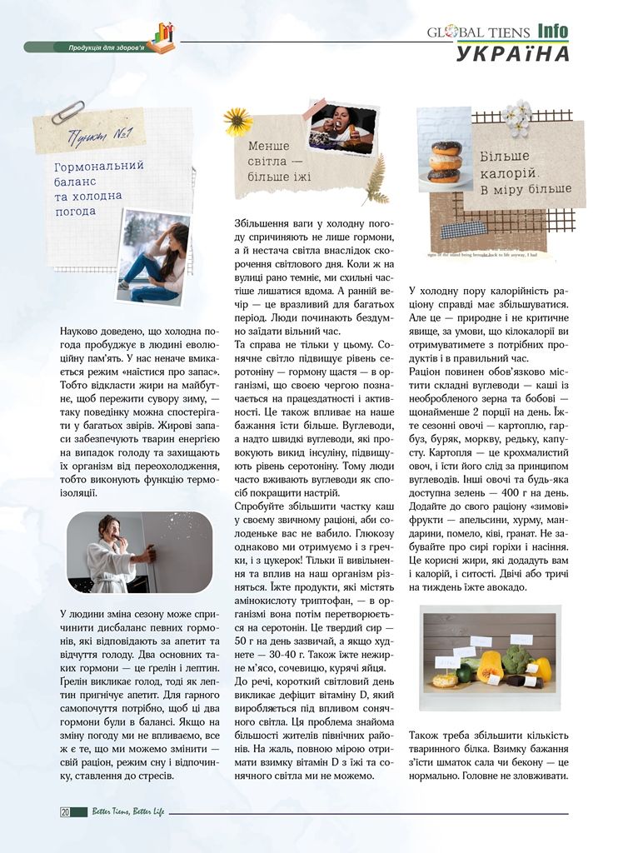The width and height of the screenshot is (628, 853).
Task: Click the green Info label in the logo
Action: pos(552,32)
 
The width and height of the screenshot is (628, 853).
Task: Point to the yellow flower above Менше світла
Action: pos(237,122)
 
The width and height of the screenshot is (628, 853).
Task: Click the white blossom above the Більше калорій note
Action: pos(517,117)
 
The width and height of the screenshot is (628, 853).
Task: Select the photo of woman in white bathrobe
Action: pos(127,552)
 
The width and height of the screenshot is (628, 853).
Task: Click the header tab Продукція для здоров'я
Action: pos(106,47)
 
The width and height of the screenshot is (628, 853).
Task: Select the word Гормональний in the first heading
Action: pos(98,166)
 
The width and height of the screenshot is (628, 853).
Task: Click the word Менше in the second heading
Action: pos(269,146)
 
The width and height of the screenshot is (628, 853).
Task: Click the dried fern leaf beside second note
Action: pos(377,178)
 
